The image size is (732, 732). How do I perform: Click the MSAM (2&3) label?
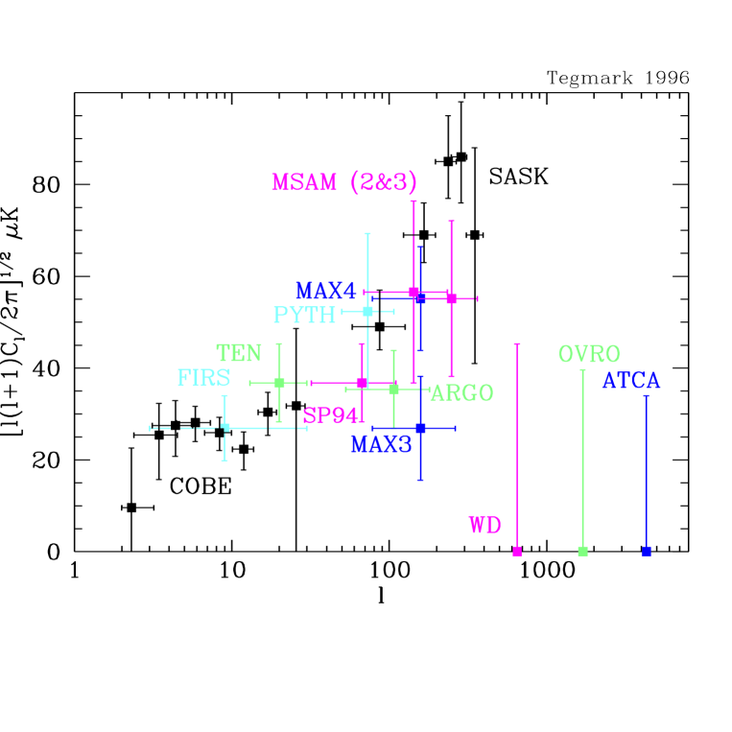point(343,182)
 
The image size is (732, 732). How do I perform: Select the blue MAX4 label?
point(325,291)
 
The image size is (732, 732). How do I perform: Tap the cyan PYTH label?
point(304,315)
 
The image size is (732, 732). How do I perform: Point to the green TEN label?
point(239,353)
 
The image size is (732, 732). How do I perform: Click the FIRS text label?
point(203,377)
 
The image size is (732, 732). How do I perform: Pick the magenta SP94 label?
point(330,415)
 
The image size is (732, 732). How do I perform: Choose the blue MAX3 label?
point(381,444)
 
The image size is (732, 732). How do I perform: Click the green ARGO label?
point(461,392)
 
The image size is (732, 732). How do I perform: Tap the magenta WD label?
point(484,525)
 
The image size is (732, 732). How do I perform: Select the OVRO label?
point(589,354)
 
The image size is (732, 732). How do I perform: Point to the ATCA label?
point(630,381)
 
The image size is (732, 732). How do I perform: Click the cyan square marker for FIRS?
point(224,427)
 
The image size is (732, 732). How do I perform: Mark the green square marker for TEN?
point(279,382)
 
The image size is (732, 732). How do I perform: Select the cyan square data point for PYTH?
point(367,311)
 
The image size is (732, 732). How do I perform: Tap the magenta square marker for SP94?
point(362,382)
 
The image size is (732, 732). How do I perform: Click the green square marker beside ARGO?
point(393,389)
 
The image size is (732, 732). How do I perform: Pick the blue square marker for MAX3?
point(420,428)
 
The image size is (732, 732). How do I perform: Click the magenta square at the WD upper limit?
point(517,551)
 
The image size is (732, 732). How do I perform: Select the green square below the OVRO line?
point(582,551)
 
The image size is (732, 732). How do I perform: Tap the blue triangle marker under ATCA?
point(647,551)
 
